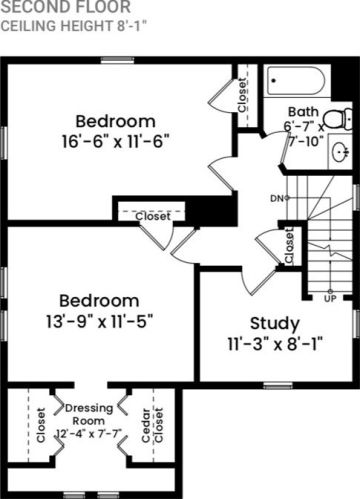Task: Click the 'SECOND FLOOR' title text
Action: point(66,7)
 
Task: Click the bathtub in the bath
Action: point(296,81)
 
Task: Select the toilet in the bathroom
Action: point(338,119)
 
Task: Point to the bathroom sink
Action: point(341,152)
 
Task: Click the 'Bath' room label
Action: point(303,112)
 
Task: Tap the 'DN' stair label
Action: point(277,198)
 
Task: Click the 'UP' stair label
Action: point(330,299)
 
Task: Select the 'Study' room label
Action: point(275,324)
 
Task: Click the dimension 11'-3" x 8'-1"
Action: point(275,344)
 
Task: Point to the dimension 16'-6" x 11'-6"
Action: point(116,141)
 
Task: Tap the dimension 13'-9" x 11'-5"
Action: point(99,321)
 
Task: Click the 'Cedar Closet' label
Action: point(152,425)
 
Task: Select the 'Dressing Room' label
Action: point(89,414)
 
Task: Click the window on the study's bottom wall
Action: point(278,386)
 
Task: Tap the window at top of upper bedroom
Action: point(117,60)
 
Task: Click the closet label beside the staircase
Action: point(289,246)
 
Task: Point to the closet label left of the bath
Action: point(242,95)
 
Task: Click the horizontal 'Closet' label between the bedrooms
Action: point(153,216)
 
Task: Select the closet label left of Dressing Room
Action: point(41,425)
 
